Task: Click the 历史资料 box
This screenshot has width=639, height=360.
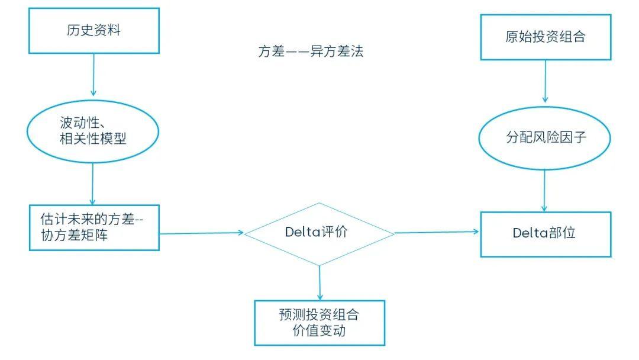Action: [93, 31]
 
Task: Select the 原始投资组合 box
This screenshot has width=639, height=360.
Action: [545, 37]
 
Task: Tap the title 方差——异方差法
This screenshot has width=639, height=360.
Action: [310, 52]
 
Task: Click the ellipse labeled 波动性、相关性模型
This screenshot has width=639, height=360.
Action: [93, 131]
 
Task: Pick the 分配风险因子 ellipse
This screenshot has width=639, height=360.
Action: [545, 138]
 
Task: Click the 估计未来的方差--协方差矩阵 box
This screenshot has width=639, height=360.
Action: [93, 227]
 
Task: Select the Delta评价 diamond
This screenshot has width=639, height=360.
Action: [319, 233]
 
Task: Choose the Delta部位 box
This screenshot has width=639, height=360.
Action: [545, 233]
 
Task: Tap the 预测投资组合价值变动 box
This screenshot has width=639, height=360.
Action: [319, 323]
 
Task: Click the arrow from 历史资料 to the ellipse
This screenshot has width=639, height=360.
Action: [93, 75]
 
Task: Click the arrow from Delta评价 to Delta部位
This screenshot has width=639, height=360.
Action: [437, 232]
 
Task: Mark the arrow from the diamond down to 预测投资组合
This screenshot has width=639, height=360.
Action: [319, 282]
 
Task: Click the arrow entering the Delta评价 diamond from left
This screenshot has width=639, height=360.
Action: [201, 233]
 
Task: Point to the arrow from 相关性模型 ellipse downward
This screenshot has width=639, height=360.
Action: [93, 184]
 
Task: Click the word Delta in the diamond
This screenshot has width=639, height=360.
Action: [303, 233]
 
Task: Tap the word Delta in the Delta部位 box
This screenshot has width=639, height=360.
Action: [529, 233]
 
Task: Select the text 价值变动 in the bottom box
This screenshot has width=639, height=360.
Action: [319, 331]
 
